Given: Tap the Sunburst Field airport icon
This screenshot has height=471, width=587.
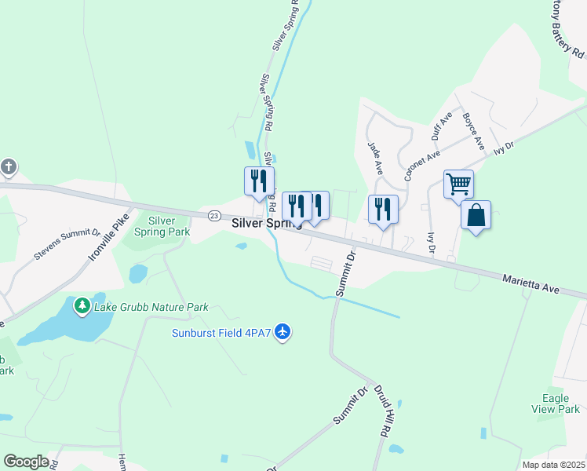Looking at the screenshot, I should [283, 334].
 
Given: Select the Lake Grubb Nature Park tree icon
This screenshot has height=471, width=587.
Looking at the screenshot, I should [82, 305].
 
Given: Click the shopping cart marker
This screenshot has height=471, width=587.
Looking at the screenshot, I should [458, 184].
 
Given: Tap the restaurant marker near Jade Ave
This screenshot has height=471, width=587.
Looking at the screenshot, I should [383, 209].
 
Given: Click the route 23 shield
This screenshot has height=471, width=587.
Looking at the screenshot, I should [213, 215].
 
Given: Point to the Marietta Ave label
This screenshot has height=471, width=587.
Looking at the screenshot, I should [531, 283].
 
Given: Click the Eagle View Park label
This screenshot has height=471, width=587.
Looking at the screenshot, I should [560, 403].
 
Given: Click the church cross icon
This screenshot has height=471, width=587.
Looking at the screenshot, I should [9, 166].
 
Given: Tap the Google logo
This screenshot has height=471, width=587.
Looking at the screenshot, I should [26, 462].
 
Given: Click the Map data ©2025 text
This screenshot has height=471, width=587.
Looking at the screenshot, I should [553, 465].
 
